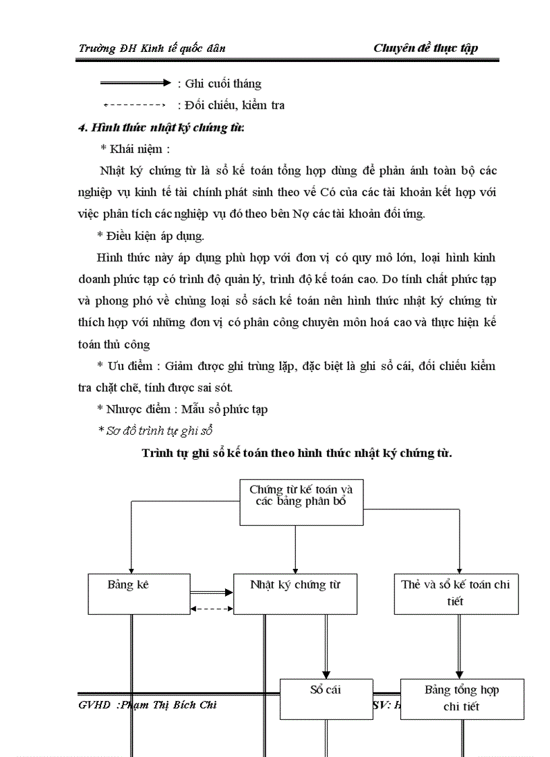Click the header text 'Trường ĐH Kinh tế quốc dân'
pos(152,48)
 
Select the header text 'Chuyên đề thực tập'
pos(425,48)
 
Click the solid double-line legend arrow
pos(135,83)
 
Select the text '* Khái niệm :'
pos(135,148)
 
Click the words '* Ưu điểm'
pos(124,366)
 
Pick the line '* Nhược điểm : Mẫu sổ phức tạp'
pos(182,409)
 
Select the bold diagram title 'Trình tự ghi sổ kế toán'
pos(297,453)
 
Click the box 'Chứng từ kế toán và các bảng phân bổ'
pos(301,502)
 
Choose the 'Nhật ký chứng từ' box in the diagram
pos(295,593)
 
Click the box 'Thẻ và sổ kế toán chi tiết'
pos(456,593)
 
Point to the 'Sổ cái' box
pos(326,698)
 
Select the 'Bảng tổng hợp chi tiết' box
pos(462,698)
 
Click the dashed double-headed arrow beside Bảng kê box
pos(211,608)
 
